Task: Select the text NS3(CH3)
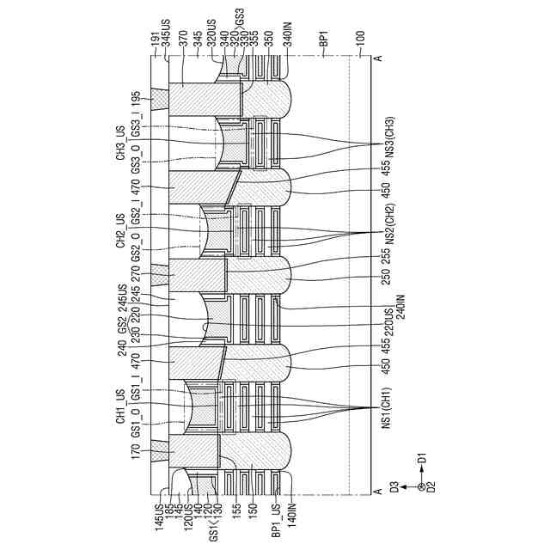(387, 133)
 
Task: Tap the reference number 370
(182, 40)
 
